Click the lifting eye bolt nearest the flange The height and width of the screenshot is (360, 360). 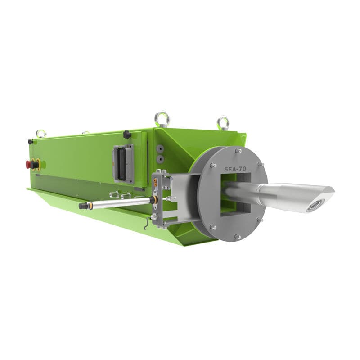(x=223, y=122)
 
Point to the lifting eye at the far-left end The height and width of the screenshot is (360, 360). (x=41, y=134)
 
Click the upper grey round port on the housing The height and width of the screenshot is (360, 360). (x=158, y=148)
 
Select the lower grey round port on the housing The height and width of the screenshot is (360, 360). (x=158, y=159)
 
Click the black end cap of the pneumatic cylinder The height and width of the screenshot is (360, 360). (x=83, y=206)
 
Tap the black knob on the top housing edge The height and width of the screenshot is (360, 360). (x=127, y=135)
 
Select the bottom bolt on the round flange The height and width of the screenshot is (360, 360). (x=238, y=237)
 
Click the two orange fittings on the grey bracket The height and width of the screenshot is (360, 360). (x=156, y=183)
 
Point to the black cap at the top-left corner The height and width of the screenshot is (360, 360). (x=31, y=142)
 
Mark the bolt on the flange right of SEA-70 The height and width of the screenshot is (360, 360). (x=259, y=166)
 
